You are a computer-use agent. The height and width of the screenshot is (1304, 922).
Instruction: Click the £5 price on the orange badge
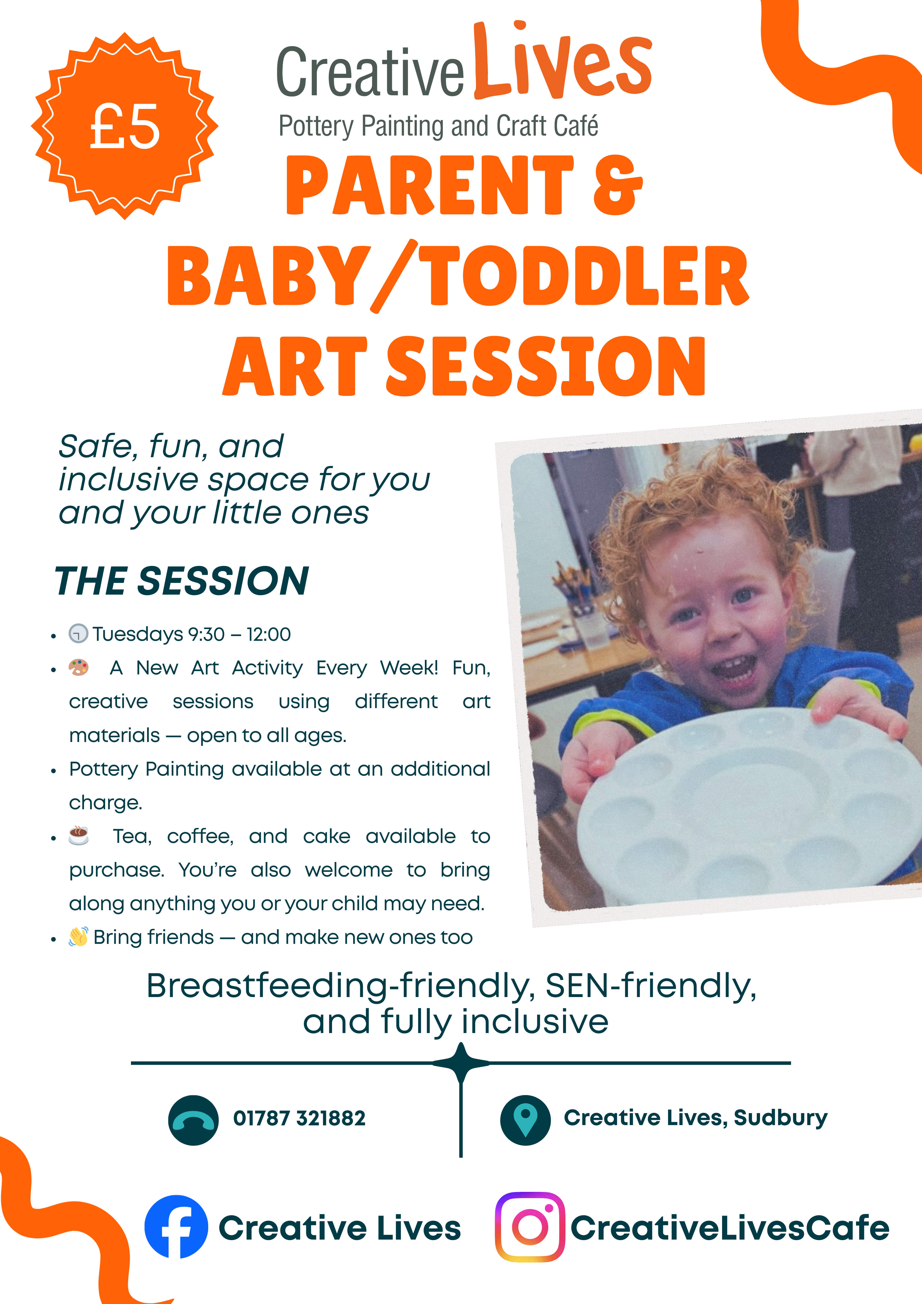tap(125, 127)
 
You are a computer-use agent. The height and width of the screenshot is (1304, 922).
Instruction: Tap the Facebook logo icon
tap(176, 1227)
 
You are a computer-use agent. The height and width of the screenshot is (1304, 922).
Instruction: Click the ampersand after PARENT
tap(618, 186)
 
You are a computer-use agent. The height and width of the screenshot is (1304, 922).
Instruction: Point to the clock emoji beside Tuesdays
tap(79, 633)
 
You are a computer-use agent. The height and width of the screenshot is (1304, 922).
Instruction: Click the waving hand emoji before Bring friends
tap(79, 937)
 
